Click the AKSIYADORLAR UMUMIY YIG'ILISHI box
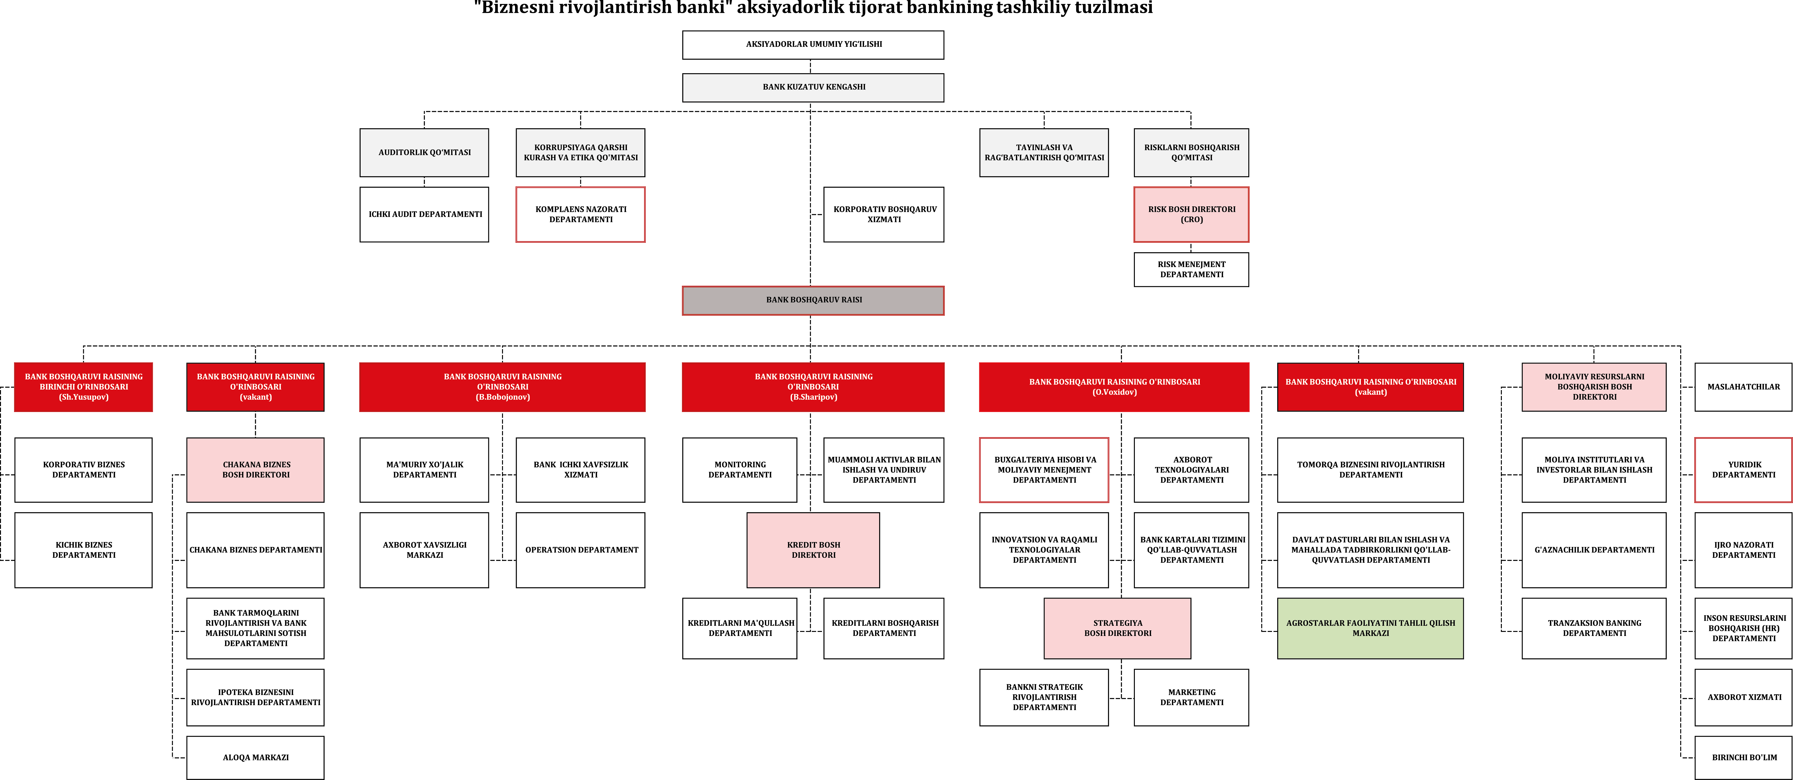[x=813, y=45]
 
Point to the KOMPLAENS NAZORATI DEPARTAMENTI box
[x=580, y=214]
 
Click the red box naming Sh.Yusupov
[x=84, y=387]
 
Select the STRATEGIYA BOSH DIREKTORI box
[x=1117, y=628]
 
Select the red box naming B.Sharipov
[x=813, y=387]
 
